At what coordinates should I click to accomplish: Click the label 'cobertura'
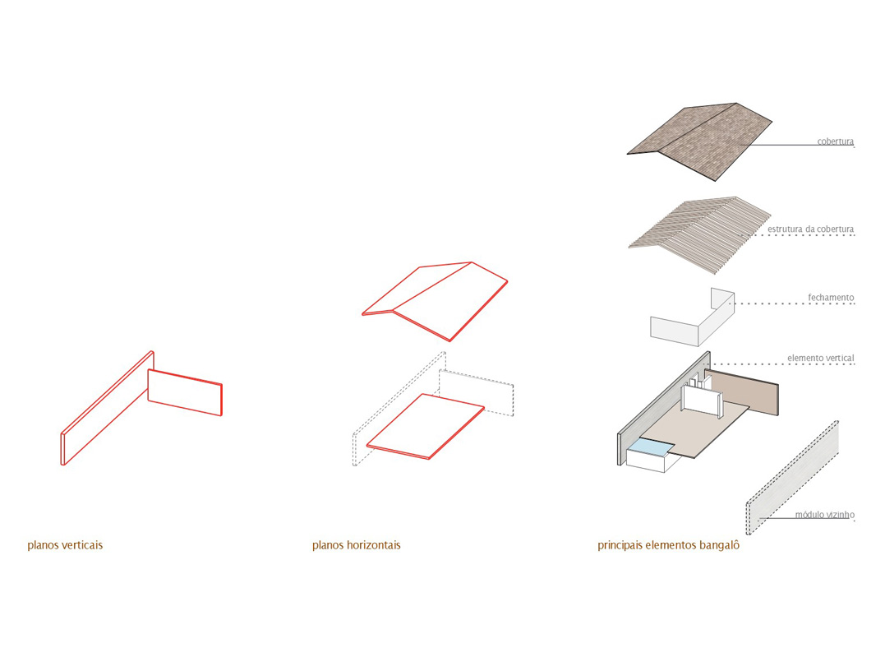[x=835, y=141]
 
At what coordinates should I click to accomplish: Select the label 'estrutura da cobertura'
[x=811, y=229]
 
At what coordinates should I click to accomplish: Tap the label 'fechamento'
[x=831, y=297]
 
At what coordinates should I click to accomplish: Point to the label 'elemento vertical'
[x=820, y=358]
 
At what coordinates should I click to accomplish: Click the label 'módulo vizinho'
[x=824, y=515]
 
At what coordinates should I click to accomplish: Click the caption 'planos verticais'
[x=65, y=544]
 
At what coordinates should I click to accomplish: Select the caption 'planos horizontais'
[x=356, y=544]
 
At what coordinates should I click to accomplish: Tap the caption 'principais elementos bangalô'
[x=668, y=544]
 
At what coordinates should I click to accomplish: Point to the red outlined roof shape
[x=436, y=300]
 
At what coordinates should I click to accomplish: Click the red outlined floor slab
[x=425, y=425]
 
